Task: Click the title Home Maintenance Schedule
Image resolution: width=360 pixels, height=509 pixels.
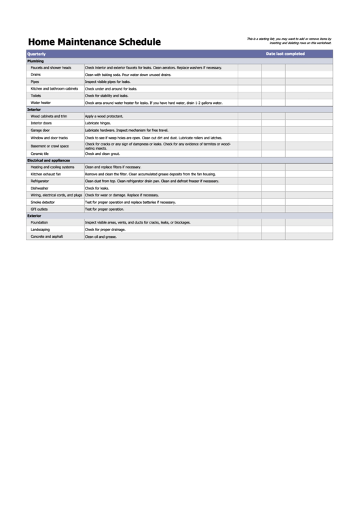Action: pos(94,42)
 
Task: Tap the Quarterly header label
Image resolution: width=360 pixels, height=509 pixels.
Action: pos(37,54)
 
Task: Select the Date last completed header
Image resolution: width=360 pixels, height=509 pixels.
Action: pos(285,54)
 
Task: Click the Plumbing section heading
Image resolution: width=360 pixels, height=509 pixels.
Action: pos(35,61)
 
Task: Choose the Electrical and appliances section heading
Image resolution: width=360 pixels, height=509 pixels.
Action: pos(48,160)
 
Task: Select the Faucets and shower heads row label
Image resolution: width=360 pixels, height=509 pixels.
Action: pos(51,68)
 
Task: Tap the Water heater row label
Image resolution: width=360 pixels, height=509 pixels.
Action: pos(41,103)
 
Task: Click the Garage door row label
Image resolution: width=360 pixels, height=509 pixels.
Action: pos(40,130)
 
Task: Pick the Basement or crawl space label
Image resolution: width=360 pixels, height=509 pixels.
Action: pos(50,145)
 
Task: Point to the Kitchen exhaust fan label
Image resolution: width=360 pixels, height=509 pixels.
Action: pos(46,174)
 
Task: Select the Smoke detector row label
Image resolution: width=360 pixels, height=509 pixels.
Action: pos(43,202)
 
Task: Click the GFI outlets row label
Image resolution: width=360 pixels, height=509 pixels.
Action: pos(39,209)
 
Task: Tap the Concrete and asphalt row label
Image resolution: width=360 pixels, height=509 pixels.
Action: pos(47,236)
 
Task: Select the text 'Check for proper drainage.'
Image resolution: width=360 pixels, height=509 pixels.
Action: pos(105,230)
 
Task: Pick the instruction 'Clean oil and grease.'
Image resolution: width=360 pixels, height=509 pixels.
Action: pos(101,236)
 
